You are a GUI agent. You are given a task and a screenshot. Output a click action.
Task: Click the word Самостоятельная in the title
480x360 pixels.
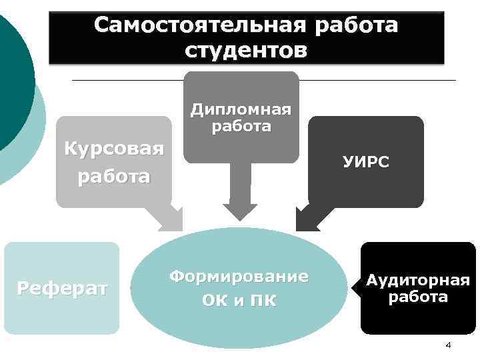198,25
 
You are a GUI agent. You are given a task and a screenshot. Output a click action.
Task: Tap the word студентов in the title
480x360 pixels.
246,51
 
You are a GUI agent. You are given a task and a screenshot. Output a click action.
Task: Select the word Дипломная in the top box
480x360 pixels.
241,109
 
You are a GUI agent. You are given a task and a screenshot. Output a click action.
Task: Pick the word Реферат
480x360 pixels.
62,289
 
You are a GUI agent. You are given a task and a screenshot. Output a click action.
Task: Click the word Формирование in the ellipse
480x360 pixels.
239,276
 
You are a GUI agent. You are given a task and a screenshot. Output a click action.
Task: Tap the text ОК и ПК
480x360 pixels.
239,300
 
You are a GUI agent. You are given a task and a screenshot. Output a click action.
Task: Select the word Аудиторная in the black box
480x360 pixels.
417,281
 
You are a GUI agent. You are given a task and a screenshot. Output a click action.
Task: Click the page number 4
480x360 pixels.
448,345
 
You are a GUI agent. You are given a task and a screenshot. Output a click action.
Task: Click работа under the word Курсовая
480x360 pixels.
114,177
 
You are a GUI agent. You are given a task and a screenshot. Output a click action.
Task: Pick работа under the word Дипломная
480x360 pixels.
241,126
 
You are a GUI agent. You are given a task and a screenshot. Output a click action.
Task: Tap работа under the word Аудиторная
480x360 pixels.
417,297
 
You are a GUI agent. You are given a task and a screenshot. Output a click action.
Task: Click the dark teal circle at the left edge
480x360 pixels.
13,80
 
